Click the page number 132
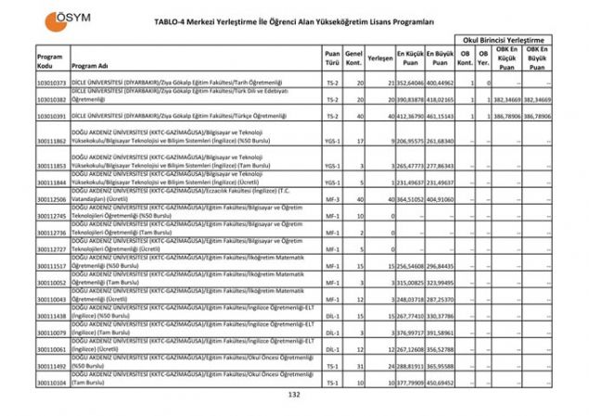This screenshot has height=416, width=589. point(295,395)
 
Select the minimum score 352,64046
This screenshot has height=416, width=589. point(411,83)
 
